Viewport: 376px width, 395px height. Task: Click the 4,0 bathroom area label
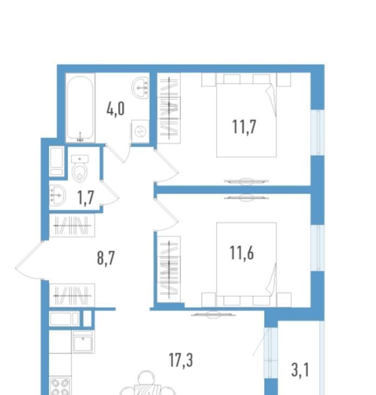(x=116, y=110)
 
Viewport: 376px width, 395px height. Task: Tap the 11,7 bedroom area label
(x=244, y=127)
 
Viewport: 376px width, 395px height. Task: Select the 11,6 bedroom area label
(x=241, y=253)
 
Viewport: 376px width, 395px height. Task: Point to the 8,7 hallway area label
(x=106, y=258)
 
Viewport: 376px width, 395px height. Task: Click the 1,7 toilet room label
(x=86, y=198)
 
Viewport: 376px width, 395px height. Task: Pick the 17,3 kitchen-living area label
(x=181, y=360)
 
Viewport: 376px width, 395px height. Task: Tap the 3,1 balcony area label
(x=300, y=370)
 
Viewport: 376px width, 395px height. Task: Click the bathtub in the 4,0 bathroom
(x=80, y=108)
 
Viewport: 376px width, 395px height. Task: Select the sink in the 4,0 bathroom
(x=140, y=88)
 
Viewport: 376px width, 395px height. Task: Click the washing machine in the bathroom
(x=140, y=131)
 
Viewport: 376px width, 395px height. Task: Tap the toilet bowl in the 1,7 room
(x=80, y=168)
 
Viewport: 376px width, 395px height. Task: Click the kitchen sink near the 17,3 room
(x=83, y=342)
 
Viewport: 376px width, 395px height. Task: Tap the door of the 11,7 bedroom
(x=166, y=166)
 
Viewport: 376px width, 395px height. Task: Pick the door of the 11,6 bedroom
(x=166, y=215)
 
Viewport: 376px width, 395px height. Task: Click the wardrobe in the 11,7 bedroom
(x=169, y=108)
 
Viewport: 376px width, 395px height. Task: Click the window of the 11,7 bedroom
(x=317, y=133)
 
